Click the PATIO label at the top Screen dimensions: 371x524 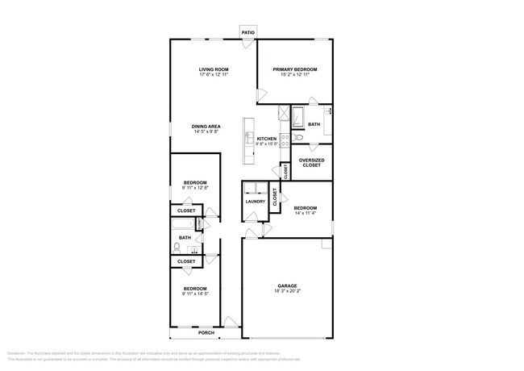tap(249, 31)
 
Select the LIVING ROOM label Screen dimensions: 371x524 tap(214, 70)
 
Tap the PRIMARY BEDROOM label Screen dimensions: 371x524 tap(294, 70)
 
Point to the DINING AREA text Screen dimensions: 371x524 tap(206, 126)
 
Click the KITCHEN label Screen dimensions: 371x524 tap(267, 139)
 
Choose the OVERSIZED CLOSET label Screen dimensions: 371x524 tap(311, 163)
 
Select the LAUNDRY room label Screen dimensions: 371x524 tap(256, 202)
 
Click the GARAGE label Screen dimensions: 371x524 tap(288, 286)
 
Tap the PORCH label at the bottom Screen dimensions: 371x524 tap(207, 331)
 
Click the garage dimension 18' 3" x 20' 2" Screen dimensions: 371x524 tap(288, 291)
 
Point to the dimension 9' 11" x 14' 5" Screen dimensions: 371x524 tap(195, 294)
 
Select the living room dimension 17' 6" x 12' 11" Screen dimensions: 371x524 tap(214, 76)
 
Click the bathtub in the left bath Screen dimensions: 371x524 tap(184, 223)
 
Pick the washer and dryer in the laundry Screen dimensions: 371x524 tap(256, 189)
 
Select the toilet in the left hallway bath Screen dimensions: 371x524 tap(177, 248)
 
